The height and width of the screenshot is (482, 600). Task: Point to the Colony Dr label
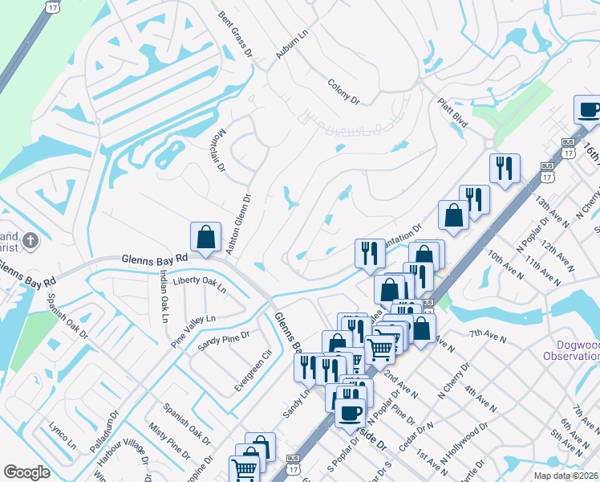[x=343, y=90]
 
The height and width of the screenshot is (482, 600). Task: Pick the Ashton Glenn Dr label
[x=237, y=224]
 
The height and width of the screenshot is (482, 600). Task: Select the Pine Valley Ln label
[x=193, y=329]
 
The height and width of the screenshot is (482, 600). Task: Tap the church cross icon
[x=30, y=241]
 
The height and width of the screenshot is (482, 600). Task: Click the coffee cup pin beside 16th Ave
[x=588, y=110]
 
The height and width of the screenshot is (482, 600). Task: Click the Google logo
[x=26, y=472]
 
